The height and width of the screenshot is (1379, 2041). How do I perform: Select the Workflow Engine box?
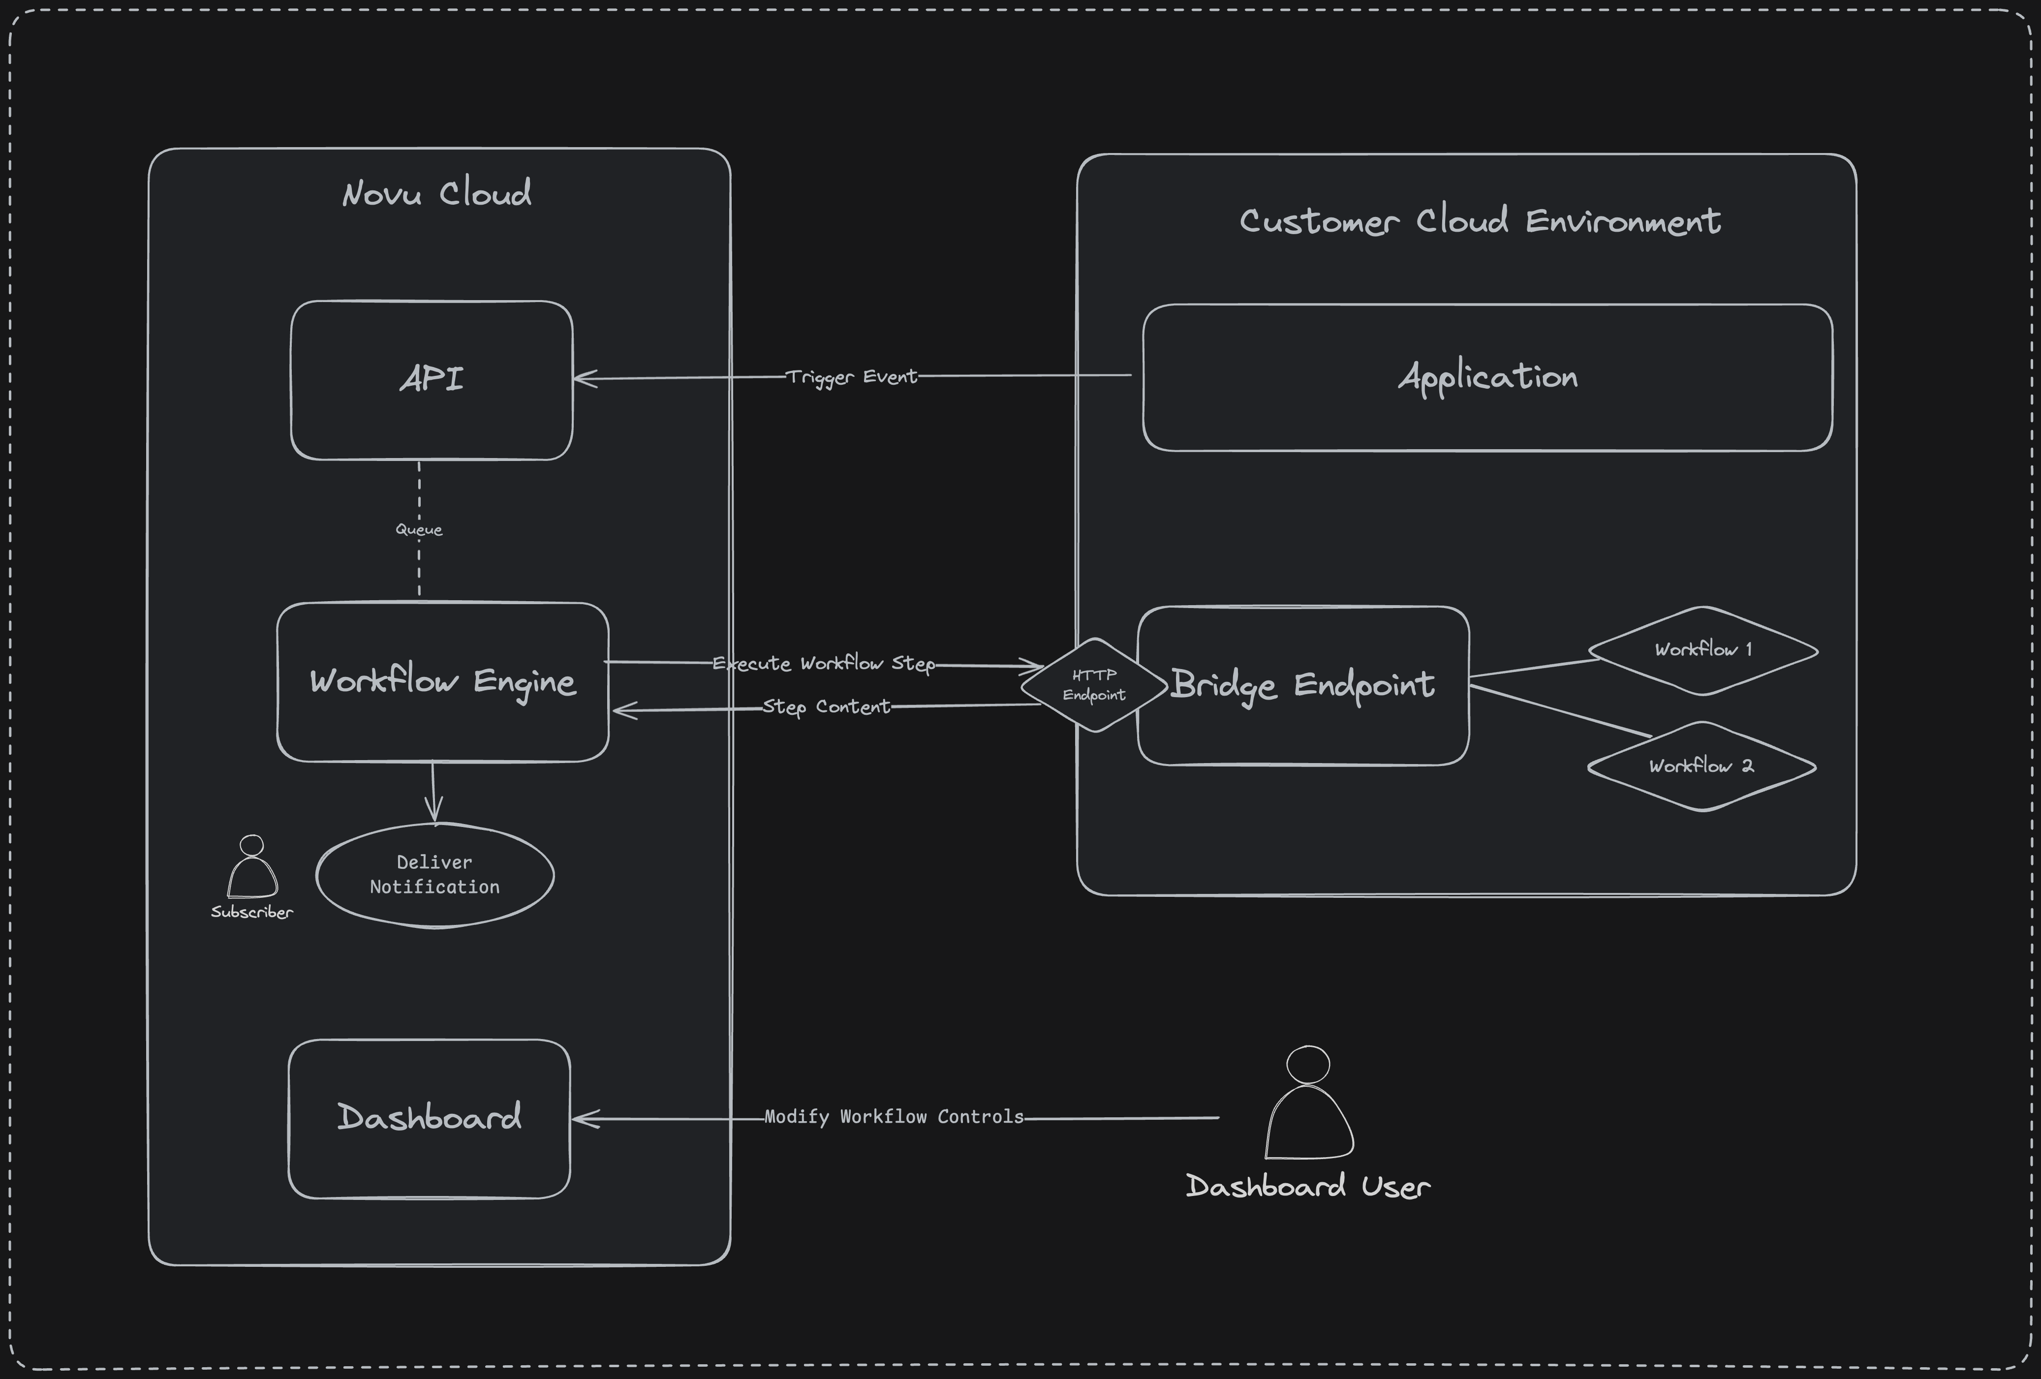(443, 681)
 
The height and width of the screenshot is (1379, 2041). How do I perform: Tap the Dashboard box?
(430, 1118)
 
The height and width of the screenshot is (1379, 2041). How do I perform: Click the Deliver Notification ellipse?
(435, 875)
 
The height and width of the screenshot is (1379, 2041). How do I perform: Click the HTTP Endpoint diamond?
(1094, 685)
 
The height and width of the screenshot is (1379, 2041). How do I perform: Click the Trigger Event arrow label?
(851, 377)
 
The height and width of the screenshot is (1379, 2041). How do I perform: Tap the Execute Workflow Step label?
(824, 663)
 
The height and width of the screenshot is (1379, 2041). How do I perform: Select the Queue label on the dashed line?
(419, 530)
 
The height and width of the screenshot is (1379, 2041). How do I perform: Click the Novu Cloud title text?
(436, 193)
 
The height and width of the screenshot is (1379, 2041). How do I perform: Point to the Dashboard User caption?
(1308, 1187)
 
